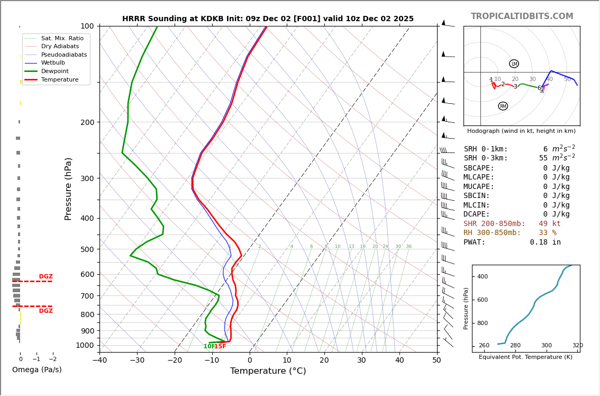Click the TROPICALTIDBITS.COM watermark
[522, 16]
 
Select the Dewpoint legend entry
[55, 71]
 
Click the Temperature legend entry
[59, 79]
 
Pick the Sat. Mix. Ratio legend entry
[62, 38]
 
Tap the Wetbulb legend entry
[53, 62]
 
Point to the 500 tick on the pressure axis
[87, 249]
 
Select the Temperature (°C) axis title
[268, 371]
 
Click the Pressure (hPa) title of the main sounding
[68, 188]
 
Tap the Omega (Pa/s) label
[37, 370]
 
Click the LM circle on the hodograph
[514, 64]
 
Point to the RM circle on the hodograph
[503, 106]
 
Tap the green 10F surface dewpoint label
[208, 347]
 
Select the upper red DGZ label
[46, 277]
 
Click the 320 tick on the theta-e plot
[577, 346]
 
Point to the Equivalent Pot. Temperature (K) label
[525, 357]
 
